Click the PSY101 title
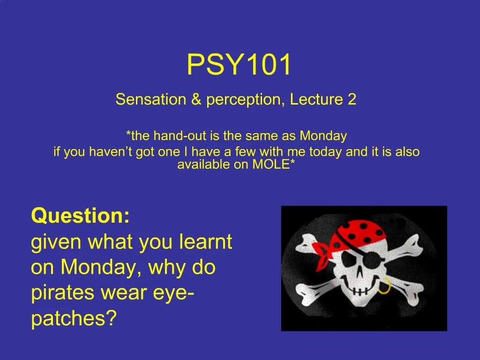point(239,64)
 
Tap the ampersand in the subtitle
point(196,99)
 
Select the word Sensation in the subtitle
point(150,99)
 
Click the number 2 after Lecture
point(352,99)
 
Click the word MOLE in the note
point(270,165)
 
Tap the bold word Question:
point(81,216)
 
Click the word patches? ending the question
point(74,319)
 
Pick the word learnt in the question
point(206,241)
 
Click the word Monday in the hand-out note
point(323,135)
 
